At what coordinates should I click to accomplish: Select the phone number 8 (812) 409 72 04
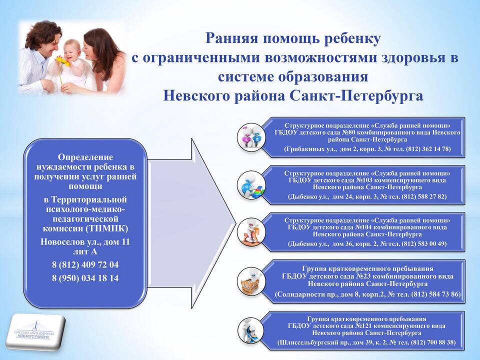click(x=85, y=265)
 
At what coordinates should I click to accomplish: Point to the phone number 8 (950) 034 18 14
click(x=85, y=278)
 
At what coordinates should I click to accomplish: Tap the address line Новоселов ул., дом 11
click(x=85, y=242)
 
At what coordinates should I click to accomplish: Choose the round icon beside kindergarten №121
click(x=251, y=330)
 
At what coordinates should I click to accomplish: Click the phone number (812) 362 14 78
click(x=428, y=149)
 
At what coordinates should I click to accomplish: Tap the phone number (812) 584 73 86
click(x=436, y=294)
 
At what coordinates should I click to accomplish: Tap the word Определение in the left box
click(x=85, y=157)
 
